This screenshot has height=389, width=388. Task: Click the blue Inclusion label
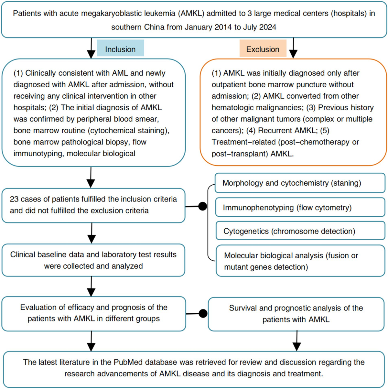120,49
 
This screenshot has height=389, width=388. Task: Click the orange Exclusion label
263,49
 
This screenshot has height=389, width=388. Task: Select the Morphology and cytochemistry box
300,183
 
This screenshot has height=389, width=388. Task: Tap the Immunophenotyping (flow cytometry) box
300,207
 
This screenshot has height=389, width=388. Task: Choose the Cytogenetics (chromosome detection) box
300,231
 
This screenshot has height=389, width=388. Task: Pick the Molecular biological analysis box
300,261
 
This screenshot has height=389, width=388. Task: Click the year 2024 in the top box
268,27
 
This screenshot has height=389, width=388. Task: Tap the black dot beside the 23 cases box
202,206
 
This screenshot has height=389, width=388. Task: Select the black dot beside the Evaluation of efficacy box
203,313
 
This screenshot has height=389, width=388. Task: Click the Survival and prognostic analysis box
296,314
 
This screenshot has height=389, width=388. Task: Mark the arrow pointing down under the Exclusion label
293,49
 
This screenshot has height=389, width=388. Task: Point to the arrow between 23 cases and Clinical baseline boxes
92,233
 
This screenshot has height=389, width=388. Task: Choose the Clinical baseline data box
93,260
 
